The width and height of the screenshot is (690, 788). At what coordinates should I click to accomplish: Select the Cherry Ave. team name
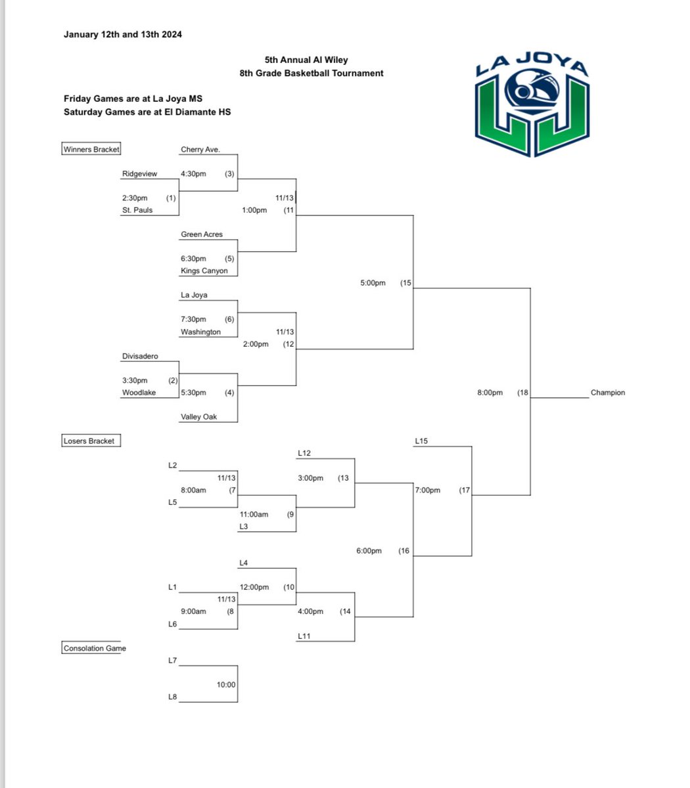coord(200,150)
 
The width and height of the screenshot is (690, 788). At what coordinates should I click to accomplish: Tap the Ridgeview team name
coord(139,174)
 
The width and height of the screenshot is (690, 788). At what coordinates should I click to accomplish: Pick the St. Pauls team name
coord(137,210)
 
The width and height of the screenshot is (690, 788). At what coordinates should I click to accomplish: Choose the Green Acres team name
coord(202,234)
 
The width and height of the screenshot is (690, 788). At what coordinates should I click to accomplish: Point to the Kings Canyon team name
coord(204,271)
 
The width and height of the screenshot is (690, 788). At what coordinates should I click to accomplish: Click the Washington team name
coord(200,332)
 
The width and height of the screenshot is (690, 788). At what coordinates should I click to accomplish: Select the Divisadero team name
coord(140,357)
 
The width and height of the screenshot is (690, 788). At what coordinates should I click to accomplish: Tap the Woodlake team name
coord(139,393)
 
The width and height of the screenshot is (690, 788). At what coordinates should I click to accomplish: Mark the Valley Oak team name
coord(199,417)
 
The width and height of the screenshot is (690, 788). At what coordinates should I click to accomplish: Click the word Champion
coord(608,393)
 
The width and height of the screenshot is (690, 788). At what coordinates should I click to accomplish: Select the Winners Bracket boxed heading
coord(91,150)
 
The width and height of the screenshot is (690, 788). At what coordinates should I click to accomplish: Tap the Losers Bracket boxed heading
coord(89,441)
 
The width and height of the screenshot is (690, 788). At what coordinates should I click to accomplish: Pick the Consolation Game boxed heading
coord(95,648)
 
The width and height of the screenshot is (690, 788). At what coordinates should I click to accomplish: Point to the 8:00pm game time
coord(490,393)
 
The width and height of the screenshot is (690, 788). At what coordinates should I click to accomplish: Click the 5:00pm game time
coord(372,283)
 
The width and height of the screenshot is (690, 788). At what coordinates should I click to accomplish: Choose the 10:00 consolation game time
coord(226,684)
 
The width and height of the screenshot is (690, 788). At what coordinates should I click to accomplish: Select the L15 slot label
coord(421,441)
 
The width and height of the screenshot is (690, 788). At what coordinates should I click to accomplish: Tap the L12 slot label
coord(304,453)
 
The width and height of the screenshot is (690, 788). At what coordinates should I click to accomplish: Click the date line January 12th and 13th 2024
coord(123,34)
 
